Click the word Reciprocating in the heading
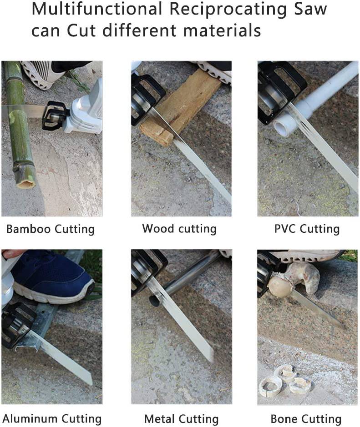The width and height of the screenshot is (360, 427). pyautogui.click(x=228, y=10)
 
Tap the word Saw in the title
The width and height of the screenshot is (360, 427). pyautogui.click(x=311, y=9)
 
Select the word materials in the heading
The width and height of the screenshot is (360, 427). pyautogui.click(x=222, y=30)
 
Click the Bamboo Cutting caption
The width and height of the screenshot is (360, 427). pyautogui.click(x=51, y=229)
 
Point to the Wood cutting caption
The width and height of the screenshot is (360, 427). pyautogui.click(x=179, y=228)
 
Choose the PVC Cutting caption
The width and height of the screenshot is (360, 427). pyautogui.click(x=307, y=229)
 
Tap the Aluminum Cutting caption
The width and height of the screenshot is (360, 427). pyautogui.click(x=52, y=418)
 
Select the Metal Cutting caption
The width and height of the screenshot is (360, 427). pyautogui.click(x=181, y=418)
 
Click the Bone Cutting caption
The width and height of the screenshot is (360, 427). pyautogui.click(x=306, y=418)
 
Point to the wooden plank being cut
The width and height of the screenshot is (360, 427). pyautogui.click(x=180, y=106)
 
